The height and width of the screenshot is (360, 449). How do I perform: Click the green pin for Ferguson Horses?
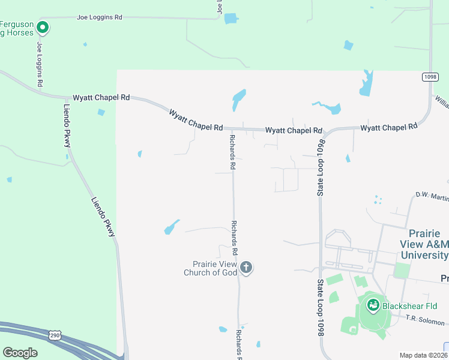click(x=42, y=27)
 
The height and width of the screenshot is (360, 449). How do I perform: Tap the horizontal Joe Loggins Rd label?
click(x=99, y=17)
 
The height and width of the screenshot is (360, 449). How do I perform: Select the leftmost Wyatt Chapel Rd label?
click(x=101, y=97)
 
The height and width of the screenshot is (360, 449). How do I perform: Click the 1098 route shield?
click(x=430, y=77)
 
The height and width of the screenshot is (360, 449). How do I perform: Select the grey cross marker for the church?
click(x=246, y=268)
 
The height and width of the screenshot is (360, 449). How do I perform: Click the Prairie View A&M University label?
click(x=424, y=244)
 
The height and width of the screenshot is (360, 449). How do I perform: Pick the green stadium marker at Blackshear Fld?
click(x=373, y=306)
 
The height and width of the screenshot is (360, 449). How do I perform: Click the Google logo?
click(x=20, y=353)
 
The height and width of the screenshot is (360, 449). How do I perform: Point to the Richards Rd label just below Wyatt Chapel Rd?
click(x=232, y=151)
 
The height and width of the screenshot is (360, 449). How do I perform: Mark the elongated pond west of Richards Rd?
click(x=171, y=227)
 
